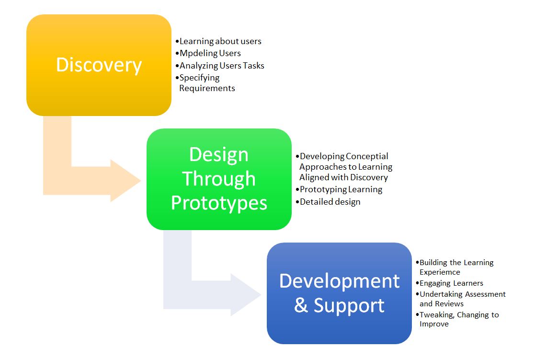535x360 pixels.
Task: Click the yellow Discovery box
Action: (99, 65)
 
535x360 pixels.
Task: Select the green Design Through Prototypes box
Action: (219, 179)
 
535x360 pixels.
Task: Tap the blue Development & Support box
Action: (339, 293)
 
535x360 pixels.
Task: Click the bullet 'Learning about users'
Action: (218, 41)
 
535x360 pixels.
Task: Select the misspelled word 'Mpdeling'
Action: (199, 53)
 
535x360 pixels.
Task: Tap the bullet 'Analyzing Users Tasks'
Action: (220, 66)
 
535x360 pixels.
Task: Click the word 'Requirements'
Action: (207, 88)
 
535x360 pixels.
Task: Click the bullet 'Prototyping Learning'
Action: (339, 189)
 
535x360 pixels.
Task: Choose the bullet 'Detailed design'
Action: (328, 202)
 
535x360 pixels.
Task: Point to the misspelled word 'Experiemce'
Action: (440, 272)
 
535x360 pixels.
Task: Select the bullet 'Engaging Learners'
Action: (449, 283)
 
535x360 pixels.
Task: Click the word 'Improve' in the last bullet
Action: (434, 324)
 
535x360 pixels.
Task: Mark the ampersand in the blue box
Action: (301, 305)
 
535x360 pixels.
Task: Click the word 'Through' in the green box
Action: (219, 179)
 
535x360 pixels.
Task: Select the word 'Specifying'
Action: (200, 78)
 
